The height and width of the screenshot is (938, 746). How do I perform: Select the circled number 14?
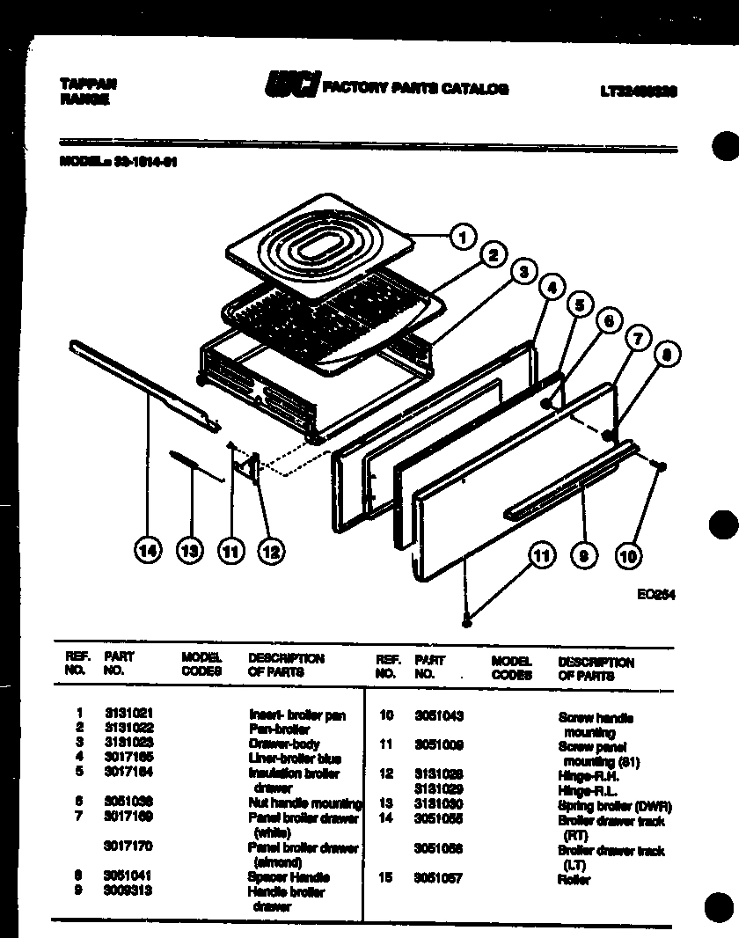[148, 551]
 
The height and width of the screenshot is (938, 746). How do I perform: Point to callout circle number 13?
[187, 551]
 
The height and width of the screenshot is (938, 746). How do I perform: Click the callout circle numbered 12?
[270, 551]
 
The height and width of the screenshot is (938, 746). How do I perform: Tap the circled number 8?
[668, 355]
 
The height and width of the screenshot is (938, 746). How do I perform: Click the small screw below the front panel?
[467, 622]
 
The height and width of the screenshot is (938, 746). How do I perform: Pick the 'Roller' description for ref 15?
[574, 880]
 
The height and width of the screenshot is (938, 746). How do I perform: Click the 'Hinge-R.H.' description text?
[588, 776]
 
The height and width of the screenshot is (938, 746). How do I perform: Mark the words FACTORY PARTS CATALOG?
[415, 88]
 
